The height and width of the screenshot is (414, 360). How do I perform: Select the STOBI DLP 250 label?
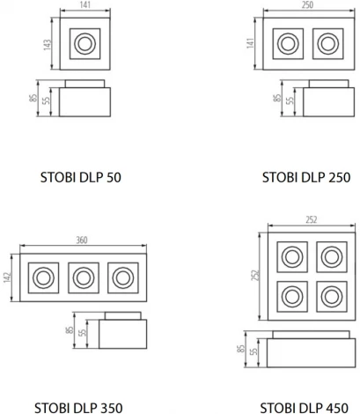pos(305,177)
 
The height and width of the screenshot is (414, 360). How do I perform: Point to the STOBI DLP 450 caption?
pos(305,407)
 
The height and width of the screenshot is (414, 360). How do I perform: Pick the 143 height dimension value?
pos(50,43)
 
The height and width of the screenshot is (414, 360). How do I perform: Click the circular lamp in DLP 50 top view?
pos(85,43)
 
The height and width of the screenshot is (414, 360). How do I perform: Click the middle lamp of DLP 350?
pos(80,277)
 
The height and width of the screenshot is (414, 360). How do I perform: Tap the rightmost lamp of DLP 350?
pos(122,277)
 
